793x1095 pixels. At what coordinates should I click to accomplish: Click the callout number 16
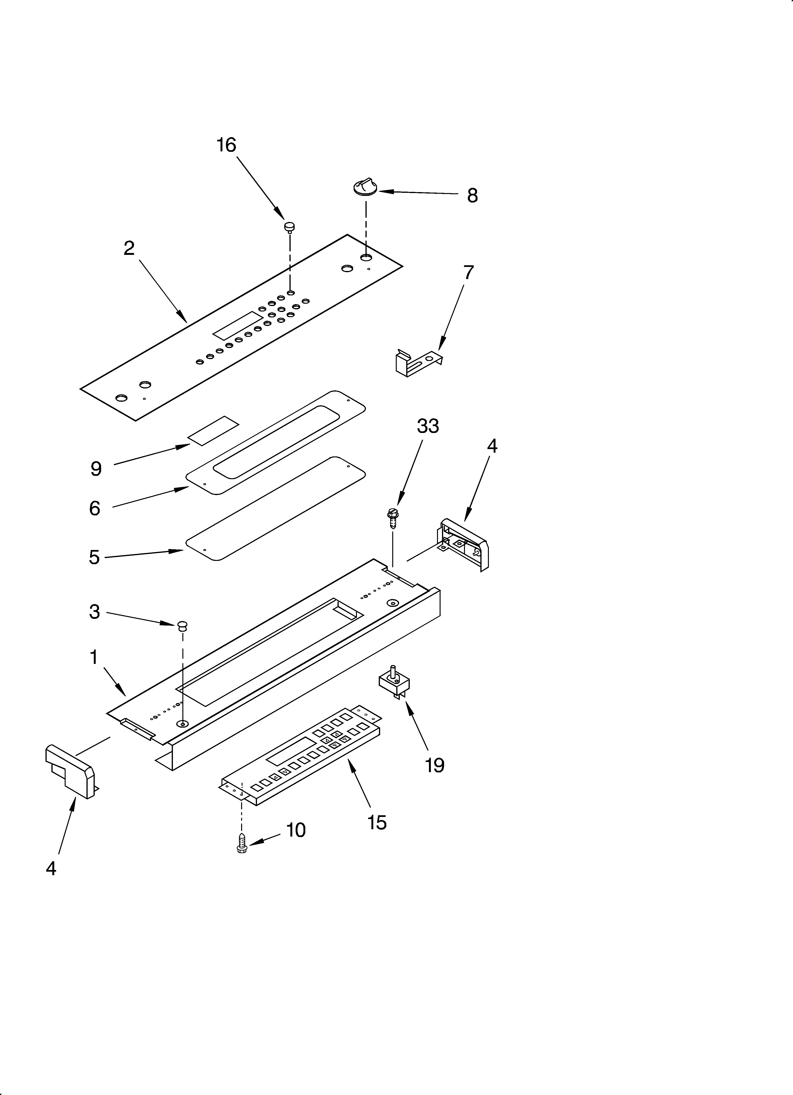point(226,145)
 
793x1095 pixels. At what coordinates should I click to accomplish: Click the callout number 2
point(129,248)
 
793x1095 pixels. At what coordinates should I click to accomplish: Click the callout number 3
point(95,612)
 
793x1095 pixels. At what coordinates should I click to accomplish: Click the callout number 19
point(435,765)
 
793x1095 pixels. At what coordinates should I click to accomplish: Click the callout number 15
point(377,822)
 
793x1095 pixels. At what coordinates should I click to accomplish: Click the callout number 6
point(95,508)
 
